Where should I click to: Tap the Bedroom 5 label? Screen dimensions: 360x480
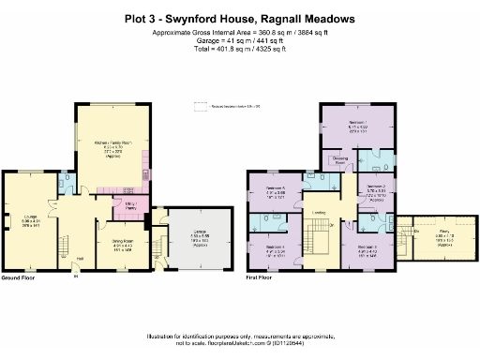pos(277,189)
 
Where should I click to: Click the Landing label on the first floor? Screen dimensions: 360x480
pos(319,212)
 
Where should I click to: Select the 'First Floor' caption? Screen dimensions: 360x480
pos(262,278)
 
